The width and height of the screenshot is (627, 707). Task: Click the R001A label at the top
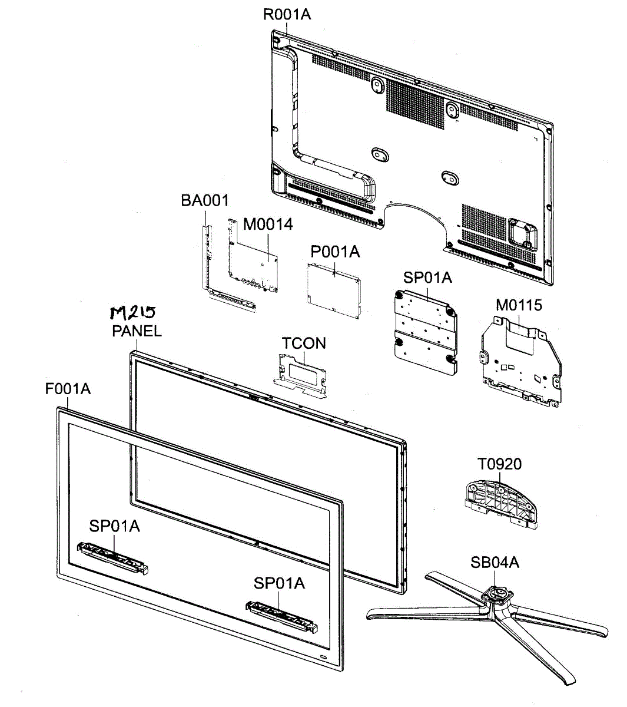click(286, 14)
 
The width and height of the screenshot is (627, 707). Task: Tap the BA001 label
click(204, 201)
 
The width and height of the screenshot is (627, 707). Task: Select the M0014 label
click(268, 224)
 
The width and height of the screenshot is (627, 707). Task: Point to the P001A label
click(335, 252)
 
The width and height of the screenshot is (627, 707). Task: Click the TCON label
click(303, 343)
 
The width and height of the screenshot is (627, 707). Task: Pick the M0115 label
click(519, 305)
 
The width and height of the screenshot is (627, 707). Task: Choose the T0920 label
click(499, 464)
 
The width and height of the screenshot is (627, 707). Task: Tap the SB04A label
click(495, 563)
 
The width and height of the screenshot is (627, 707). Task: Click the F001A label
click(68, 389)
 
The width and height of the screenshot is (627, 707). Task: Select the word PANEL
click(137, 331)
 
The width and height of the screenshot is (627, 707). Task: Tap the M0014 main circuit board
click(253, 259)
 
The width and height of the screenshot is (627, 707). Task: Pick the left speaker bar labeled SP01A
click(112, 557)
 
